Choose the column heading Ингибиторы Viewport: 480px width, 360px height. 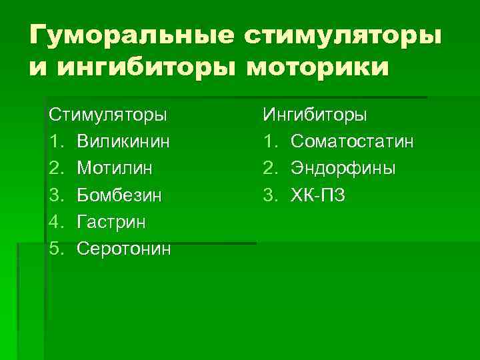pyautogui.click(x=315, y=114)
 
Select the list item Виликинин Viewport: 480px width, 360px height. pyautogui.click(x=123, y=141)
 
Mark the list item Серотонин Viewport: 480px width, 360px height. pyautogui.click(x=124, y=249)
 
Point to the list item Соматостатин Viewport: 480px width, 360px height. pyautogui.click(x=352, y=141)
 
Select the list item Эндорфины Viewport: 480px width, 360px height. pyautogui.click(x=343, y=168)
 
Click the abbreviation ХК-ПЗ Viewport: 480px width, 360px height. pyautogui.click(x=318, y=195)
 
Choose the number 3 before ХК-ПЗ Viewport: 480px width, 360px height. pyautogui.click(x=269, y=195)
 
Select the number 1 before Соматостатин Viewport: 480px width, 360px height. pyautogui.click(x=269, y=141)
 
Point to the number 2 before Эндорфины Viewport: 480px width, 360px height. pyautogui.click(x=269, y=168)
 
